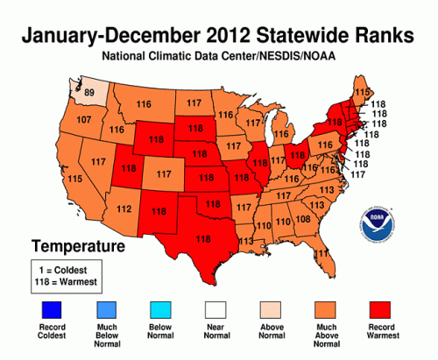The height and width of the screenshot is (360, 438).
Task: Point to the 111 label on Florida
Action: [322, 253]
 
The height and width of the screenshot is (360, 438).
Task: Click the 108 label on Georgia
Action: [303, 219]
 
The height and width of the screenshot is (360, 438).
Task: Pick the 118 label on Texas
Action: [204, 238]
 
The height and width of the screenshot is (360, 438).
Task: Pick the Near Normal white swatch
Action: [220, 311]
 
